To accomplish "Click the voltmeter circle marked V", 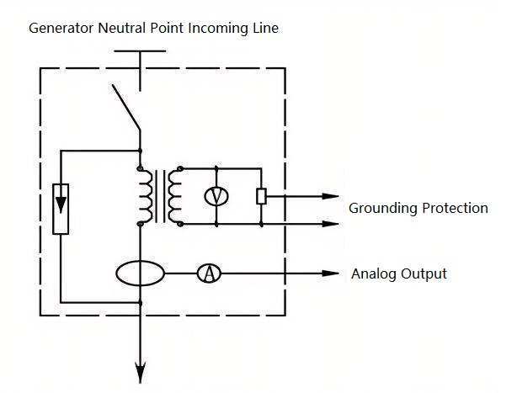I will [x=217, y=196].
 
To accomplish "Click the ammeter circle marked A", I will [x=207, y=274].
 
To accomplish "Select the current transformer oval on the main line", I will [x=140, y=274].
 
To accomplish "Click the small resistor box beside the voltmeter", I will [x=261, y=196].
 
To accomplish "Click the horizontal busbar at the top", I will [x=140, y=51].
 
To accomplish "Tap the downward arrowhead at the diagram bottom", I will [x=140, y=370].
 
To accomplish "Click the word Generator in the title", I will [x=60, y=29].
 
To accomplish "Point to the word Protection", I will [x=455, y=208].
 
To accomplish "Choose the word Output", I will [x=424, y=274].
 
